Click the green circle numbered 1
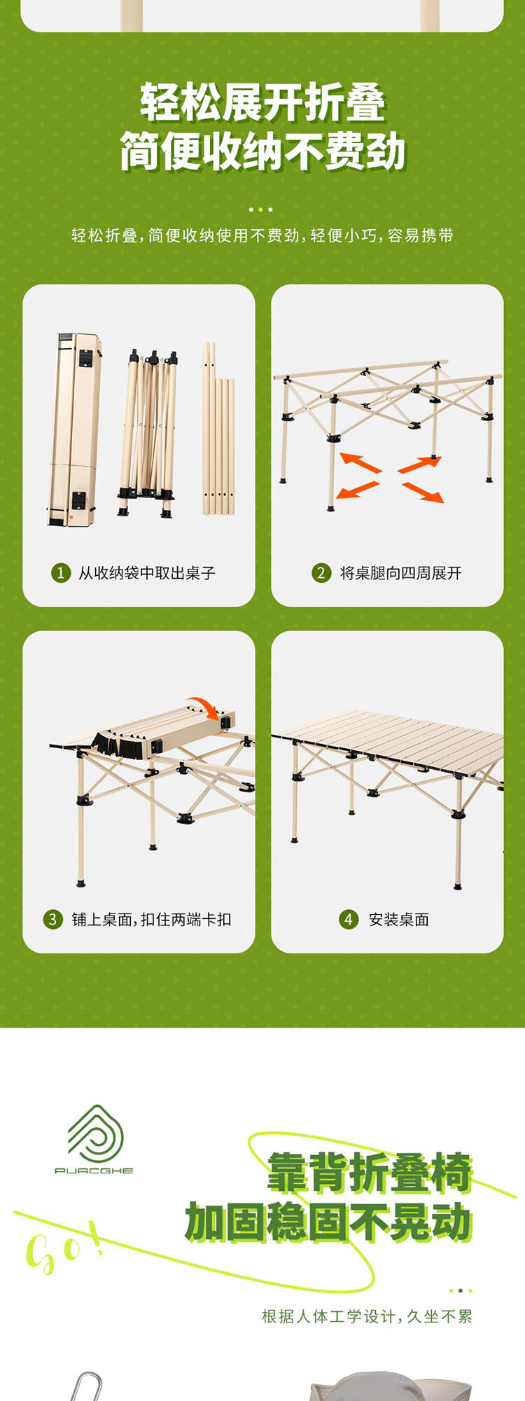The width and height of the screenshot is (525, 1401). [61, 573]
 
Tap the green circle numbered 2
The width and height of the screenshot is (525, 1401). [321, 573]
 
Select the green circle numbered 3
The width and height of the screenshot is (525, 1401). [53, 919]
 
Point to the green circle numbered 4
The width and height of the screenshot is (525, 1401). [349, 919]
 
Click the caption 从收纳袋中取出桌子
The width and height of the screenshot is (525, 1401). [147, 573]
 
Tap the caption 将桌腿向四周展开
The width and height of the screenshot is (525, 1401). [401, 573]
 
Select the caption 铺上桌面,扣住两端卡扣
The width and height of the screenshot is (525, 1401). [151, 919]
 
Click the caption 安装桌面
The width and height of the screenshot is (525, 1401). [399, 919]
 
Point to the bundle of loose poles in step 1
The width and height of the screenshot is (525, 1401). [218, 429]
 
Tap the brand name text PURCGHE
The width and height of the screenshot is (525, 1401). [94, 1171]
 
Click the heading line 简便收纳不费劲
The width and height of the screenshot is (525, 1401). [262, 151]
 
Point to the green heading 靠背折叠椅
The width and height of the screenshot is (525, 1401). [370, 1172]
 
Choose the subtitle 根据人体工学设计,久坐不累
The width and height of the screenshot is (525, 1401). [367, 1316]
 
